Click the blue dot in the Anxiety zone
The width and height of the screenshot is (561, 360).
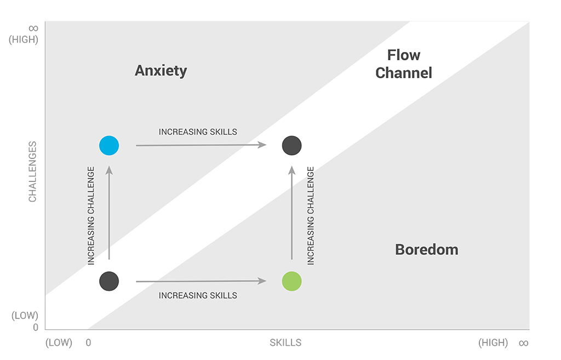click(109, 145)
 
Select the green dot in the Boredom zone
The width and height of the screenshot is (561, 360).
click(291, 281)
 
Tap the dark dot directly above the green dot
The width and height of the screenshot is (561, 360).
click(291, 145)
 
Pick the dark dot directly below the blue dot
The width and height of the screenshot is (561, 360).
click(109, 281)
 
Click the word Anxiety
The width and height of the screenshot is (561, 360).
click(161, 71)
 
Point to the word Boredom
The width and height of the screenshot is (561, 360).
click(426, 250)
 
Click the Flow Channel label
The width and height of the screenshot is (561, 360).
click(404, 64)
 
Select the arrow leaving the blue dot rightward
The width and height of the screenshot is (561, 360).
click(201, 145)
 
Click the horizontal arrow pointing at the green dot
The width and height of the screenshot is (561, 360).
click(201, 282)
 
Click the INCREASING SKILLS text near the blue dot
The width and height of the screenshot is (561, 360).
click(198, 132)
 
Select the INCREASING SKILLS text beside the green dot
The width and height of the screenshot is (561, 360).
click(198, 295)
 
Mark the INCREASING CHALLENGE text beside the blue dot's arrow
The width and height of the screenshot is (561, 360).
click(91, 216)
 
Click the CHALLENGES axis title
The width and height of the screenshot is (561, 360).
click(33, 172)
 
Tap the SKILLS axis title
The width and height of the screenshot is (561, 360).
click(285, 343)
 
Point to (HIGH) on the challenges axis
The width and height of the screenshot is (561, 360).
click(24, 39)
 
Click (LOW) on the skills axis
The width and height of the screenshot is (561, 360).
click(59, 343)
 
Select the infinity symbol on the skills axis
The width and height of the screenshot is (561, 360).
click(523, 343)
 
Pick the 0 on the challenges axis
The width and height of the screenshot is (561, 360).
click(36, 328)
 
